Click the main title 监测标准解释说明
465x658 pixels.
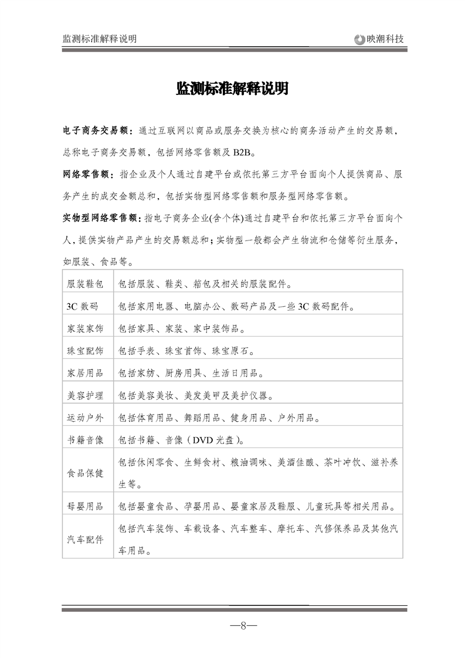[232, 89]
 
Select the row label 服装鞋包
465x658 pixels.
[86, 284]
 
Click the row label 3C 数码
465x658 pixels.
[83, 307]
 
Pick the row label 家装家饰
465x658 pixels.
[86, 329]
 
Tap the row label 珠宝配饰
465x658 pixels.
[86, 351]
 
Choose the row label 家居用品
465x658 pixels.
[86, 373]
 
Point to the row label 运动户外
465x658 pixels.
[86, 418]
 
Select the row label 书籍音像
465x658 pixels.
[86, 440]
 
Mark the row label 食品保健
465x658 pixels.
[86, 473]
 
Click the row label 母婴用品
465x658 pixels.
[86, 506]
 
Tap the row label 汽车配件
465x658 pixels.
[86, 539]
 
